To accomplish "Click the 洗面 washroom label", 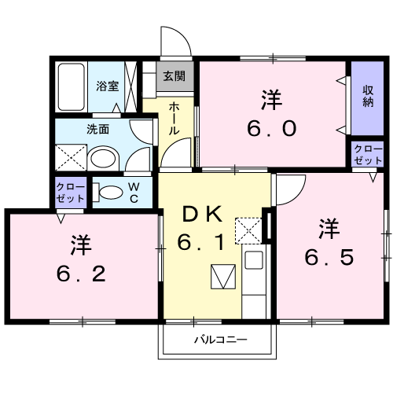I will click(x=98, y=129).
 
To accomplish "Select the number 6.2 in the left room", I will click(x=81, y=259).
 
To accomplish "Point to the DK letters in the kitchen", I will click(x=205, y=214).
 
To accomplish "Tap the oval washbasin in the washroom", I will click(x=102, y=159).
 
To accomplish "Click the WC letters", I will click(x=134, y=191).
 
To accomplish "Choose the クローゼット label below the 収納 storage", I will click(x=367, y=154).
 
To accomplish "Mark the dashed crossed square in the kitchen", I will click(x=249, y=230).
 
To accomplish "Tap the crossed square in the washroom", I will click(x=69, y=157).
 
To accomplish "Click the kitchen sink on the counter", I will click(x=253, y=262).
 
